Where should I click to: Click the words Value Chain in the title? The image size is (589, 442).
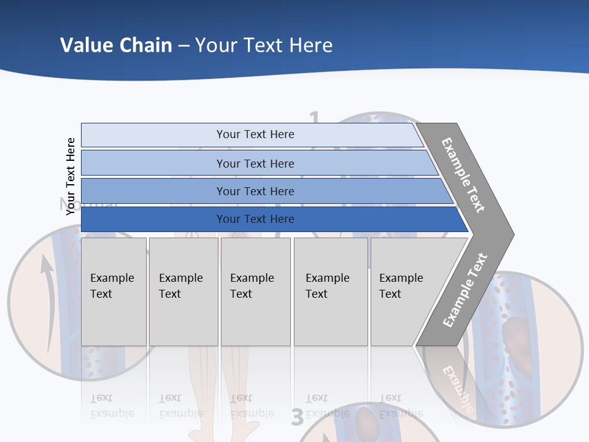pyautogui.click(x=116, y=45)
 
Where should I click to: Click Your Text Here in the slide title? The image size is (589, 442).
pyautogui.click(x=264, y=45)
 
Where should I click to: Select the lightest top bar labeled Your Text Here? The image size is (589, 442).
pyautogui.click(x=255, y=134)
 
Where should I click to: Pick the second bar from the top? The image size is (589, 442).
pyautogui.click(x=255, y=163)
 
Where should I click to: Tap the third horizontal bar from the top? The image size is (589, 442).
pyautogui.click(x=255, y=191)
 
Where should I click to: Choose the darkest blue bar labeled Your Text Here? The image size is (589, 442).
pyautogui.click(x=255, y=219)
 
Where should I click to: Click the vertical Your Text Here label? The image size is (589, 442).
pyautogui.click(x=71, y=176)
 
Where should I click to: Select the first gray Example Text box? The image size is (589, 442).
pyautogui.click(x=114, y=291)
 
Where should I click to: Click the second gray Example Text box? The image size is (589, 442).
pyautogui.click(x=183, y=291)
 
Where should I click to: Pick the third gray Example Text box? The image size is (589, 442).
pyautogui.click(x=255, y=291)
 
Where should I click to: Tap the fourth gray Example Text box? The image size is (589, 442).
pyautogui.click(x=330, y=291)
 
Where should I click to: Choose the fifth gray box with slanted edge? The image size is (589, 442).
pyautogui.click(x=405, y=291)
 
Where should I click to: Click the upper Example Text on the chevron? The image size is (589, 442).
pyautogui.click(x=463, y=174)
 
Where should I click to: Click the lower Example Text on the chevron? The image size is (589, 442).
pyautogui.click(x=465, y=290)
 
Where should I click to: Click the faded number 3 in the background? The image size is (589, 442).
pyautogui.click(x=298, y=417)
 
